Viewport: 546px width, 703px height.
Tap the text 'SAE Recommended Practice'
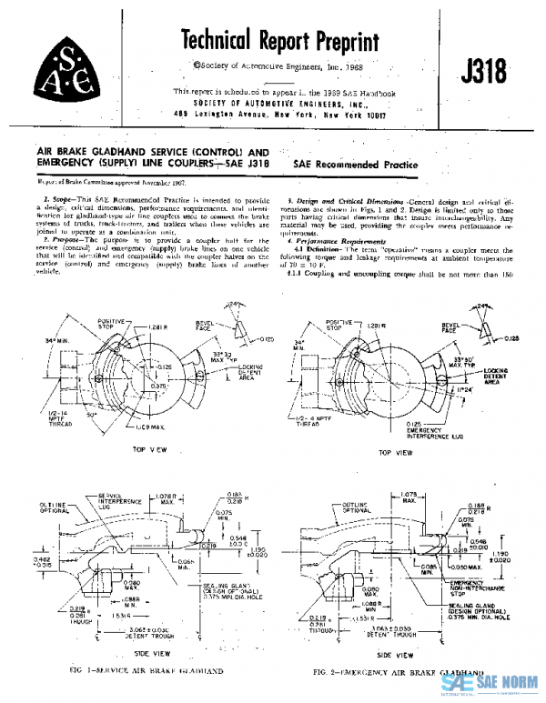click(x=356, y=165)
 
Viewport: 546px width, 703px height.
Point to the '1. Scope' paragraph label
click(x=54, y=197)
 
